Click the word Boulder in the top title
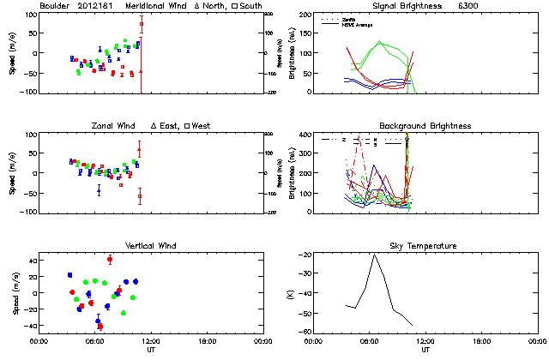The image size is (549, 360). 55,7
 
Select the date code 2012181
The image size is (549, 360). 97,7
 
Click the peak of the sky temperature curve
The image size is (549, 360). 374,255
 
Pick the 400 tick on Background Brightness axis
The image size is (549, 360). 305,135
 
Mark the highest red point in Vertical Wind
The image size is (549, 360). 110,259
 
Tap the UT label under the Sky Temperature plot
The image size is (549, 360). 425,350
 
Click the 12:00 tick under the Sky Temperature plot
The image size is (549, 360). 425,341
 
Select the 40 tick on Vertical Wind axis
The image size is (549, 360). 27,260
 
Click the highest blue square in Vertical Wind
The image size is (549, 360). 69,275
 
